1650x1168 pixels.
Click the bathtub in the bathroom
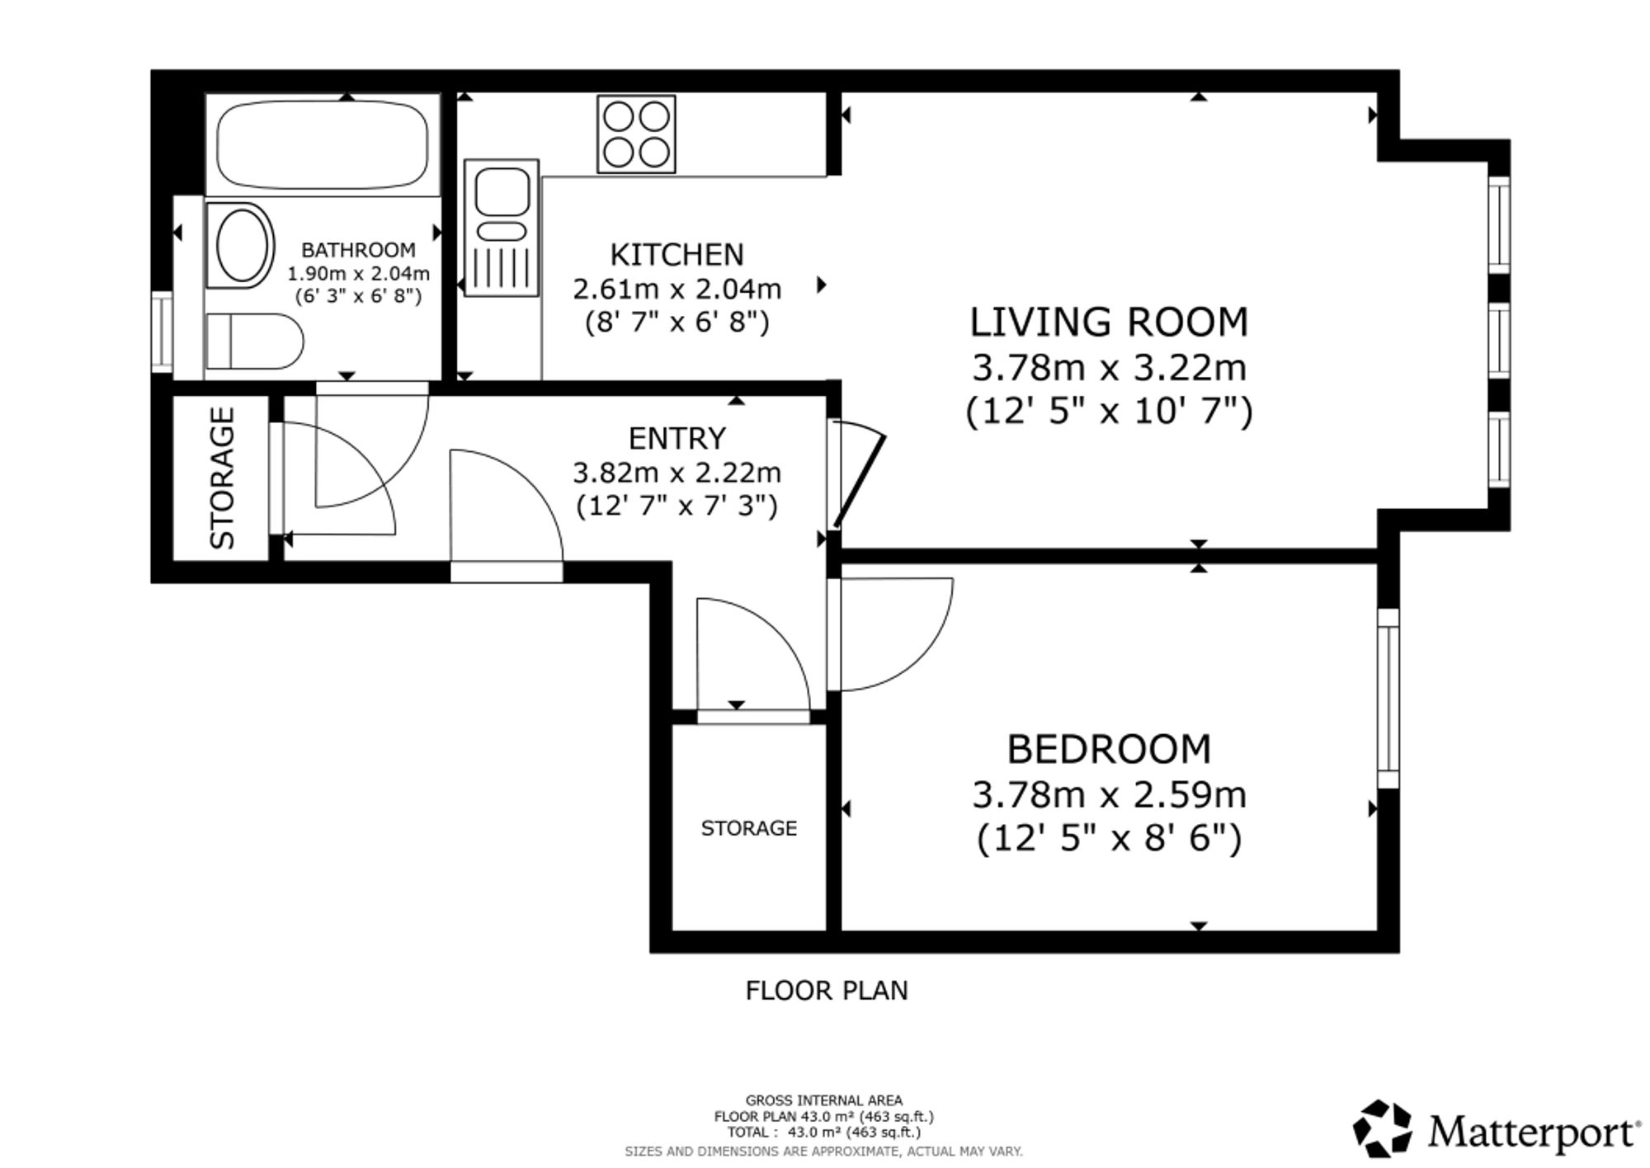[x=323, y=145]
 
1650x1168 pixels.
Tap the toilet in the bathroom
[x=254, y=341]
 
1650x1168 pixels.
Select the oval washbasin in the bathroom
[x=242, y=245]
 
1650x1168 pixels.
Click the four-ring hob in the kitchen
[x=636, y=134]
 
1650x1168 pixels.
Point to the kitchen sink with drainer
[x=502, y=227]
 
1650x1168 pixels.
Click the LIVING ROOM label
[x=1109, y=322]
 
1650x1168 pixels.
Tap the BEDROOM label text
[x=1109, y=749]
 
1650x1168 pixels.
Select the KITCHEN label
[x=676, y=255]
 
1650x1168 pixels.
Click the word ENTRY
[x=677, y=438]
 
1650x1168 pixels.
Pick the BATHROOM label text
[x=358, y=250]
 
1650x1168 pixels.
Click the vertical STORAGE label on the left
[x=223, y=478]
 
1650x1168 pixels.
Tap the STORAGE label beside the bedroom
[x=749, y=828]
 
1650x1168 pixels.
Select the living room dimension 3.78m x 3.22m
[x=1109, y=368]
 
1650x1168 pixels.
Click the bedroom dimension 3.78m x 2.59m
[x=1109, y=795]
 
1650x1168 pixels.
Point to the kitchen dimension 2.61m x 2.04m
[x=676, y=290]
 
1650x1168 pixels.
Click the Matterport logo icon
[x=1382, y=1128]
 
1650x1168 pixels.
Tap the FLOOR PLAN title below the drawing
[x=827, y=991]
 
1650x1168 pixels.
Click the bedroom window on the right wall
[x=1388, y=699]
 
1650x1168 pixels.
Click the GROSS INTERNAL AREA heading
[x=824, y=1100]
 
